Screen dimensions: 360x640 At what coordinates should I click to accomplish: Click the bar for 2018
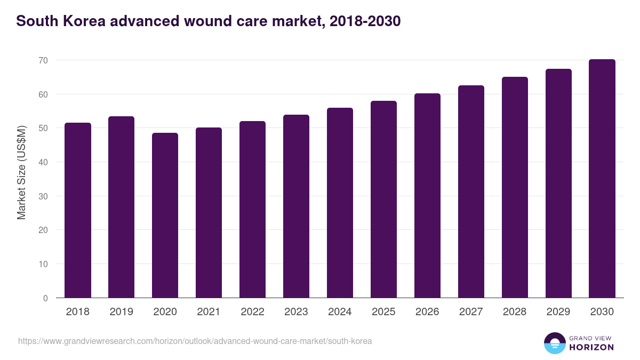click(x=78, y=210)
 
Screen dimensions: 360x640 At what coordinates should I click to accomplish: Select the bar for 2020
click(x=165, y=215)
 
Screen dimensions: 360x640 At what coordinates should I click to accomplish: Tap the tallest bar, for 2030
click(x=602, y=179)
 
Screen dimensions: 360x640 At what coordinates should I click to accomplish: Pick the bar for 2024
click(x=340, y=203)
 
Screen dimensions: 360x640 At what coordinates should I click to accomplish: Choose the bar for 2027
click(x=471, y=191)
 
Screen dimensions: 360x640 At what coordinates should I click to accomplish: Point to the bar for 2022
click(x=252, y=210)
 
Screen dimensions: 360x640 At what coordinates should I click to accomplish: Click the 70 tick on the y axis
click(x=43, y=60)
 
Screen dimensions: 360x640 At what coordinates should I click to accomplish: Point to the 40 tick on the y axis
click(x=43, y=162)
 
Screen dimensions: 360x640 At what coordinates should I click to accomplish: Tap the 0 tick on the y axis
click(x=45, y=298)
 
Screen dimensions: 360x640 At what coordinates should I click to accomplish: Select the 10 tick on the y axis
click(x=43, y=264)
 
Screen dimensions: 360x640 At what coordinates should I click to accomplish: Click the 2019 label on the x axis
click(x=122, y=312)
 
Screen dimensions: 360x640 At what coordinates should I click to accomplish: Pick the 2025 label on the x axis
click(x=383, y=312)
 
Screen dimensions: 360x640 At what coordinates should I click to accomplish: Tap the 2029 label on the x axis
click(x=558, y=312)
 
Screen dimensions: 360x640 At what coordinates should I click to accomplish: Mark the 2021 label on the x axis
click(x=209, y=312)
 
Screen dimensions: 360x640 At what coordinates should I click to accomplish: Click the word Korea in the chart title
click(x=85, y=21)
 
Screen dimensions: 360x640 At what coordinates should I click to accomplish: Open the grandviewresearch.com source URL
click(x=195, y=341)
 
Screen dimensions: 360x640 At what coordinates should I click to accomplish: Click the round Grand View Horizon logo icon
click(x=555, y=343)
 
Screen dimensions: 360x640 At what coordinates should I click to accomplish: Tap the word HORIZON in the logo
click(x=591, y=347)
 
